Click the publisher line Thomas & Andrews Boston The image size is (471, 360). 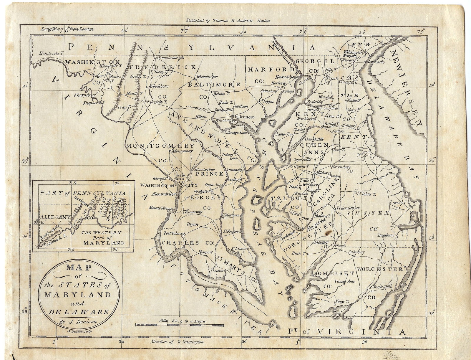[x=228, y=21]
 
